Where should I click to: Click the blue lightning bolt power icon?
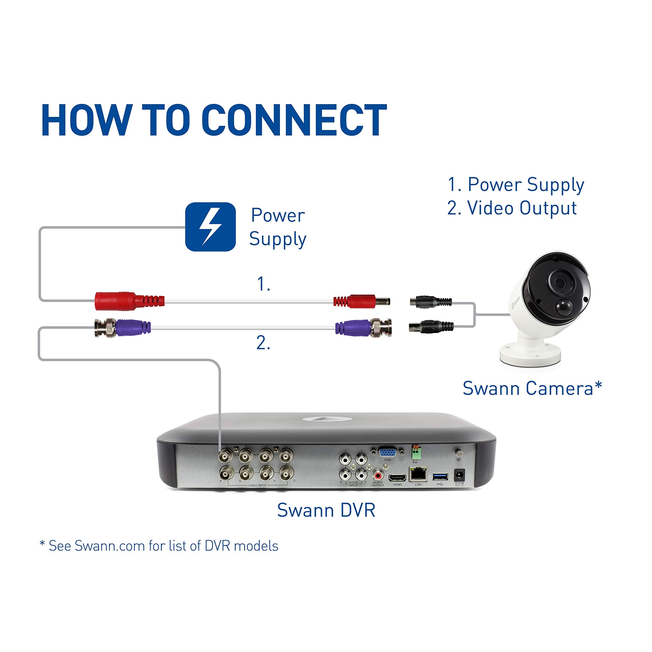[x=210, y=227]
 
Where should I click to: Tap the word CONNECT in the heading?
[x=294, y=120]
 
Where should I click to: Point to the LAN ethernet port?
[x=418, y=474]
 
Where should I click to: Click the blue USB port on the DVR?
[x=440, y=477]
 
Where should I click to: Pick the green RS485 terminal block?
[x=416, y=452]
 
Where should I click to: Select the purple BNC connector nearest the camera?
[x=353, y=327]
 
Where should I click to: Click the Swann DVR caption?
[x=326, y=510]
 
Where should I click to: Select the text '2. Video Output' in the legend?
[x=512, y=208]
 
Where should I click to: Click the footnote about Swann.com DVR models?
[x=159, y=546]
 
